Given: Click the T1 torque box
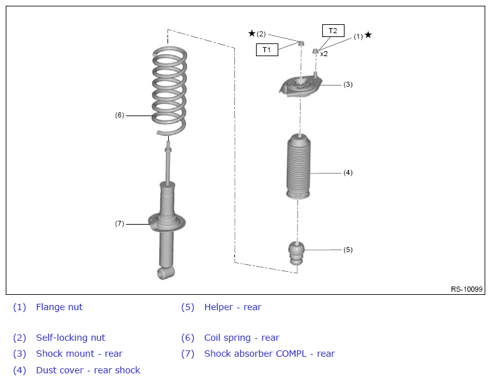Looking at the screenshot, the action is coord(267,50).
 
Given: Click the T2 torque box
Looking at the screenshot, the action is coord(333,31).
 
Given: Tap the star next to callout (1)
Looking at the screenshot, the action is coord(368,35).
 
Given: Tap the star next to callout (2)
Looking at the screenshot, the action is coord(252,33).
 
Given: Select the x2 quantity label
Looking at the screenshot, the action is coord(324,54).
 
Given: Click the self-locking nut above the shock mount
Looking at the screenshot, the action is coord(301,43).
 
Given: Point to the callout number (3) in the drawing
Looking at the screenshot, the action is coord(348,84).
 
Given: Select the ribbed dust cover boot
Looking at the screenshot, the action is coord(299,167).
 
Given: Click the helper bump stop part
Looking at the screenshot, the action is coord(296,253).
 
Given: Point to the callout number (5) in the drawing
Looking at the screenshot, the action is coord(348,250).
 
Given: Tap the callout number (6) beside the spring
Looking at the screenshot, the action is coord(120,115).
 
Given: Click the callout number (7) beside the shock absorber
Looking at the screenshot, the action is coord(120,223).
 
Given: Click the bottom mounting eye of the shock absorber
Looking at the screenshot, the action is coord(166,273).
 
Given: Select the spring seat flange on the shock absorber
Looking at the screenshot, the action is coord(167,223).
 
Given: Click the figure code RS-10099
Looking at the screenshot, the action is coord(467,289).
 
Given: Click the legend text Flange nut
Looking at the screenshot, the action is coord(59,307).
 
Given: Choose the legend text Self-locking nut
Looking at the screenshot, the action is coord(71,338).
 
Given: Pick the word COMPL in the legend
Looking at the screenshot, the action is coord(291,354).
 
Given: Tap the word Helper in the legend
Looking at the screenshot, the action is coord(218,307).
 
